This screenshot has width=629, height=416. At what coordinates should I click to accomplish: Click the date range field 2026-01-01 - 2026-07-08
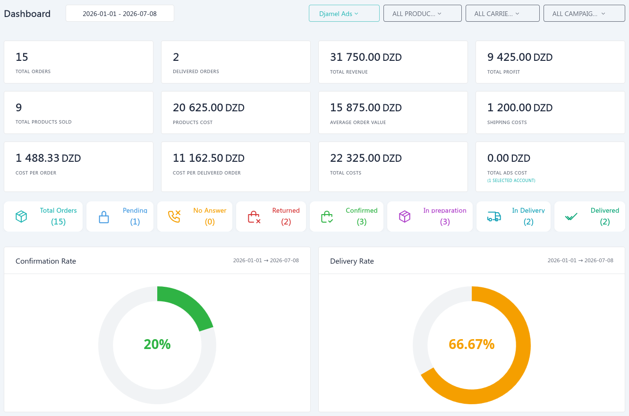120,14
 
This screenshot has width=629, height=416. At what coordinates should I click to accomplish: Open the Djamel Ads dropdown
344,14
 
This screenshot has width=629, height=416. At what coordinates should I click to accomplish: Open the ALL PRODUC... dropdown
422,14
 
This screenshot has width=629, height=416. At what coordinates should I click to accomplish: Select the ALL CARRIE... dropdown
502,14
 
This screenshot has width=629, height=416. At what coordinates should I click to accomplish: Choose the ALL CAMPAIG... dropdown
584,14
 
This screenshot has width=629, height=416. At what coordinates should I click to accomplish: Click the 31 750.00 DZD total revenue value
365,57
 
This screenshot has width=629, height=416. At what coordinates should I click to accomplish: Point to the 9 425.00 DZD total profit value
520,57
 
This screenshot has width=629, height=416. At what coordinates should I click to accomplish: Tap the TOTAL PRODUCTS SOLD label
43,122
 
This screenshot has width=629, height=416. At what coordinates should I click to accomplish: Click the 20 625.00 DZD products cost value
208,108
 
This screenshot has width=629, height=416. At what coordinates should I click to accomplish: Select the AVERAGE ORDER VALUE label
358,122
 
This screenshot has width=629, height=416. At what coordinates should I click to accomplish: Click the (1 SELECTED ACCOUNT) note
511,180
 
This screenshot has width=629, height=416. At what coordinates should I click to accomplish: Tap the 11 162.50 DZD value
208,158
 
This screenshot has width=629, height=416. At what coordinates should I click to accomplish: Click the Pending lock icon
104,217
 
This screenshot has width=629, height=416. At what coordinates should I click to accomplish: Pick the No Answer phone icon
174,216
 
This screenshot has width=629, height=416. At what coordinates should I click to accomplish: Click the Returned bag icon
254,217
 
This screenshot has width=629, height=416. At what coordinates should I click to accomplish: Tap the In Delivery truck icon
494,216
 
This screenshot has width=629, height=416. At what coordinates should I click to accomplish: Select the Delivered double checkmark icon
571,216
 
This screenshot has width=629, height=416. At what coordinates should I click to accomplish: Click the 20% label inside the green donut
157,344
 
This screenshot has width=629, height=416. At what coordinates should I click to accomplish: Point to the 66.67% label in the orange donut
472,344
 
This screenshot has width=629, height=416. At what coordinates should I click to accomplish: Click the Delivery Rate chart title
352,261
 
